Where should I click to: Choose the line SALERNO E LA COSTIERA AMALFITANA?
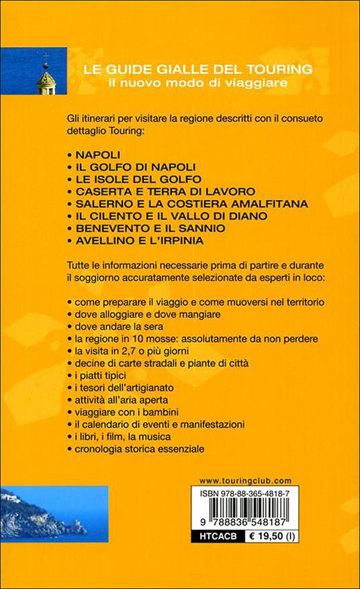click(177, 203)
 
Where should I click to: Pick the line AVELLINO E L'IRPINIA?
click(144, 240)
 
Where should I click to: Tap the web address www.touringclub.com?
click(245, 480)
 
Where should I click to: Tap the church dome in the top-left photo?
click(46, 82)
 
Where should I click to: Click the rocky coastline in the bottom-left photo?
click(34, 520)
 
